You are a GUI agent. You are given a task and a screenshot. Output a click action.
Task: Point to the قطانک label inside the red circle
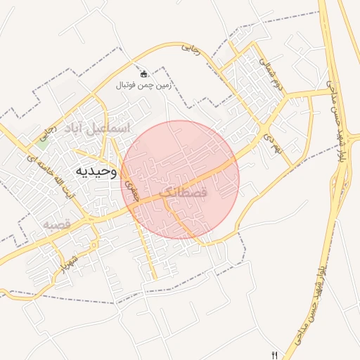(184, 191)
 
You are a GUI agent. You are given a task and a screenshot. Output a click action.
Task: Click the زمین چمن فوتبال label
(144, 85)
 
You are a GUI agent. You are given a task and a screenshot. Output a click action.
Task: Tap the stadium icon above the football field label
(144, 73)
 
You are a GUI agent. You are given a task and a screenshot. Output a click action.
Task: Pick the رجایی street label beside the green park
(47, 131)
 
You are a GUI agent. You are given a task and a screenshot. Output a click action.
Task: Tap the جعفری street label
(129, 190)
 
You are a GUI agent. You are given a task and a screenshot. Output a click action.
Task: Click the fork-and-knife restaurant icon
(274, 355)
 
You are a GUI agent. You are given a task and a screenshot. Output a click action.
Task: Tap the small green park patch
(44, 139)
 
